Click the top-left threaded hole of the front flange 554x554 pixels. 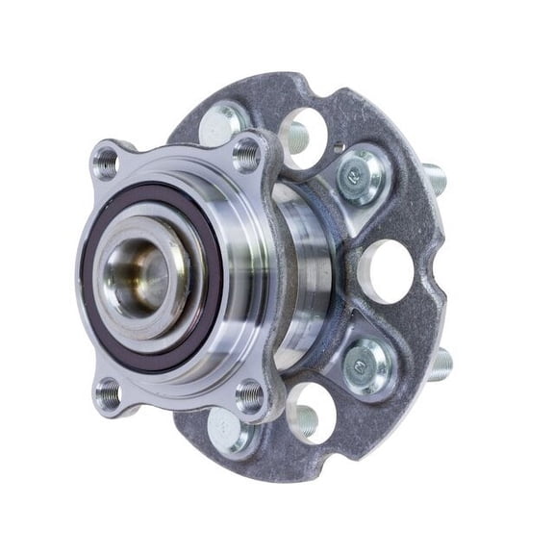click(106, 162)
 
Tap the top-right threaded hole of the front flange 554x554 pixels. click(247, 152)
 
